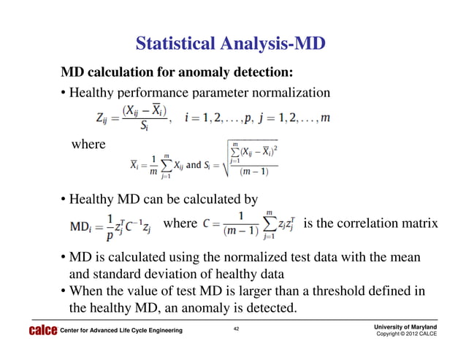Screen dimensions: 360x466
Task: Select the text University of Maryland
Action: pyautogui.click(x=407, y=326)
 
